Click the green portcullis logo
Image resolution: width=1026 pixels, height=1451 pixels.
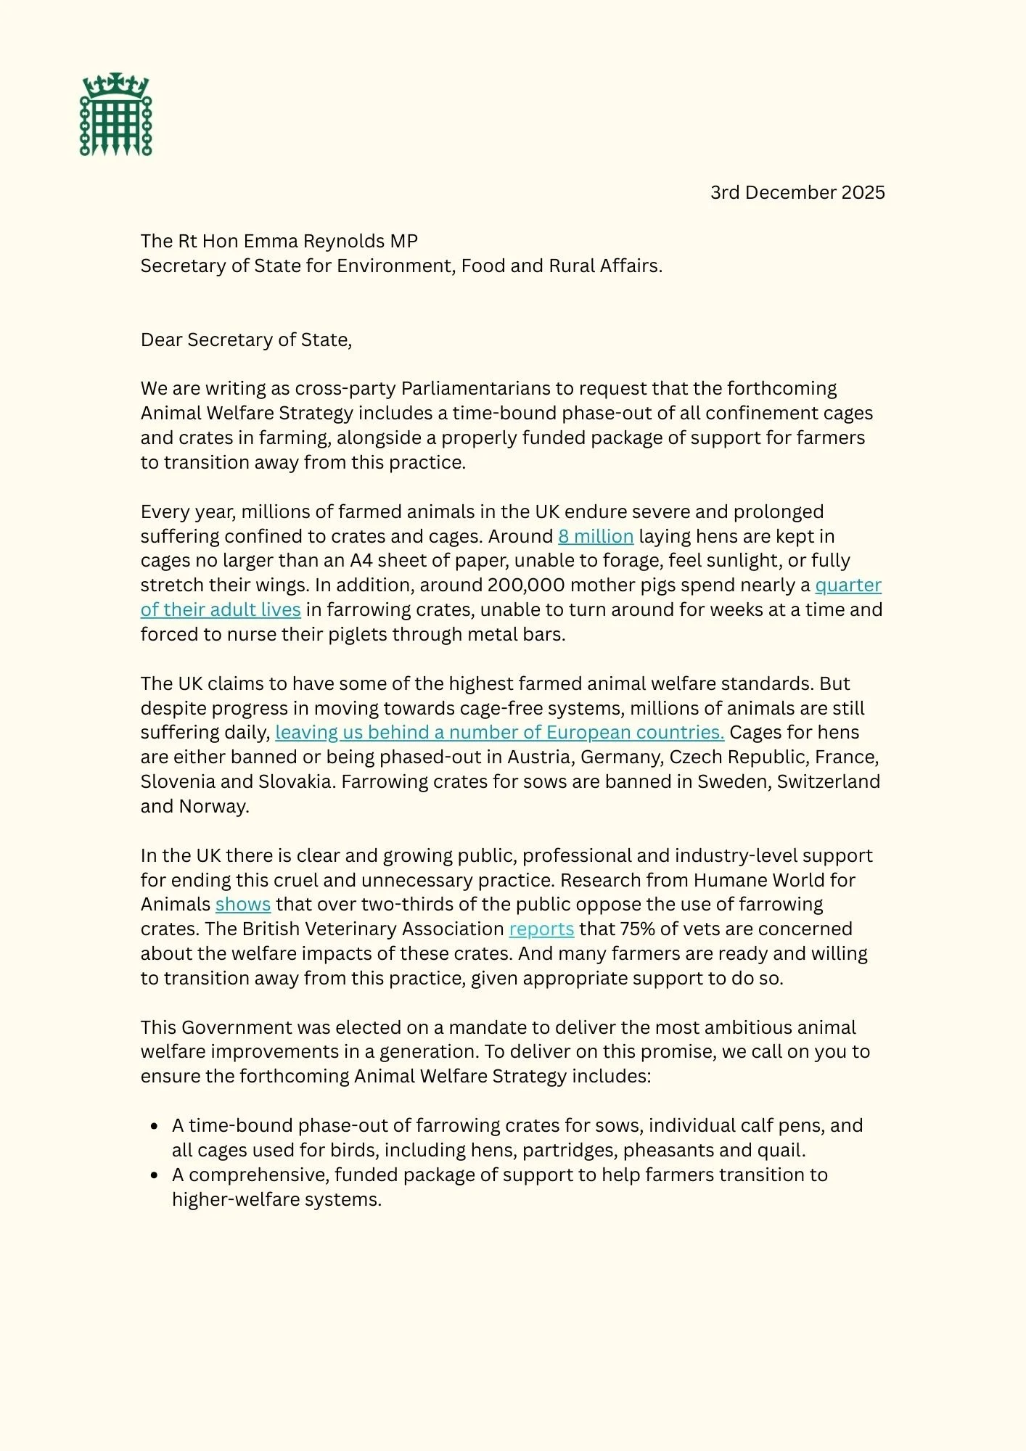(x=116, y=115)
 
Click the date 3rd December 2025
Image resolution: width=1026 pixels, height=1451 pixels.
(x=797, y=192)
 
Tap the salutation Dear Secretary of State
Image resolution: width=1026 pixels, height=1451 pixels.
(x=246, y=340)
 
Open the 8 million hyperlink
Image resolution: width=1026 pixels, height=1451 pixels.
(x=596, y=536)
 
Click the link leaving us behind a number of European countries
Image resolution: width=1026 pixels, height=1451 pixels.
(x=499, y=732)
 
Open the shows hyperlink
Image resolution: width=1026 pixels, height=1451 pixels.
(x=243, y=904)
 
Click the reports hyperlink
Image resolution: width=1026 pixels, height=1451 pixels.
(x=541, y=929)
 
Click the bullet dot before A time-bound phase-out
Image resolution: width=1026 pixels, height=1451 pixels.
(x=154, y=1126)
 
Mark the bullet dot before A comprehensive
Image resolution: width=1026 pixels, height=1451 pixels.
(x=154, y=1175)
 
